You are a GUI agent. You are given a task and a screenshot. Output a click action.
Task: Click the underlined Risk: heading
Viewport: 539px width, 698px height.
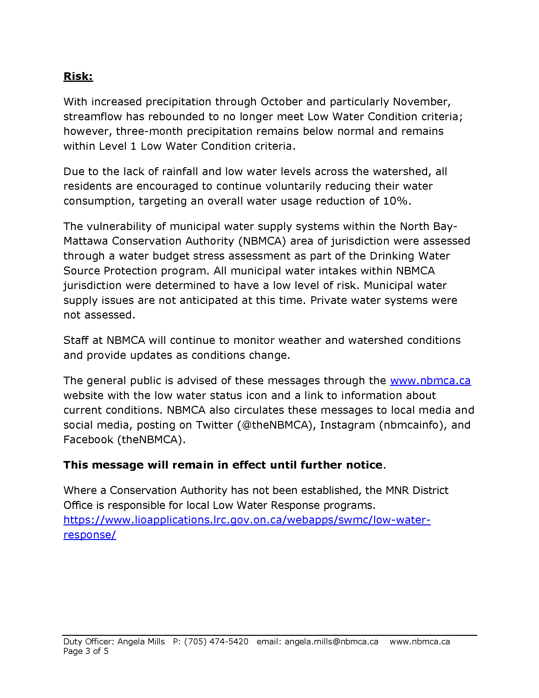coord(78,76)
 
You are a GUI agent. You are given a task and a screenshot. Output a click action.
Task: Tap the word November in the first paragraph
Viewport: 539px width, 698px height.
coord(421,102)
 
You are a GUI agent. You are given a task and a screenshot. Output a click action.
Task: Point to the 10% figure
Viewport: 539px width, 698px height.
coord(395,201)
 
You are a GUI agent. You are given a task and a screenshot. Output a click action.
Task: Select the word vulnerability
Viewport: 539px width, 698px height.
coord(119,226)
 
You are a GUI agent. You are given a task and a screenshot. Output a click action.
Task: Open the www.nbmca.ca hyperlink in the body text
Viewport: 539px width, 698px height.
coord(430,381)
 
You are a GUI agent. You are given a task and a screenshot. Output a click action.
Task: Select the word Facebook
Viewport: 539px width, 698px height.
coord(88,440)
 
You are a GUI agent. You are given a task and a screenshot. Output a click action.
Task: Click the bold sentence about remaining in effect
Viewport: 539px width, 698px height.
coord(223,465)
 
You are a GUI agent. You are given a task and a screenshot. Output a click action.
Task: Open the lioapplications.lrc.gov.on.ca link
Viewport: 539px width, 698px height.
coord(247,520)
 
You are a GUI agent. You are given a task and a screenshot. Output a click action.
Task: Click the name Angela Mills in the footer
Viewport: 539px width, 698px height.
coord(141,642)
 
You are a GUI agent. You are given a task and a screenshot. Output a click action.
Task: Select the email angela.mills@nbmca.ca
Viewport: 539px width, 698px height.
coord(331,642)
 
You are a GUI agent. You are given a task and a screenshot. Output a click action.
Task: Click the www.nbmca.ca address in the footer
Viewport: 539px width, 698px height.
coord(419,642)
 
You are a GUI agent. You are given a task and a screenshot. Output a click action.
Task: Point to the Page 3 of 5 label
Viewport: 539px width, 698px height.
coord(86,651)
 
